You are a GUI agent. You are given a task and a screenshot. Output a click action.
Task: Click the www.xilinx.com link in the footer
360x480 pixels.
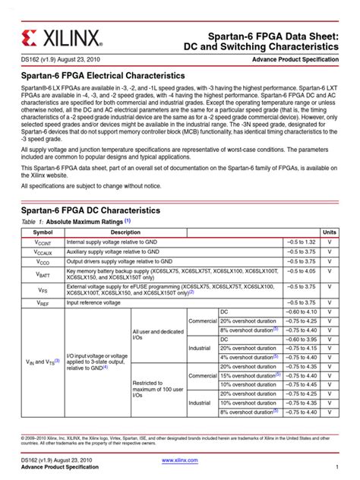click(180, 460)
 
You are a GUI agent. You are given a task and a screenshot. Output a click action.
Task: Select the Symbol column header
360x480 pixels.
click(43, 231)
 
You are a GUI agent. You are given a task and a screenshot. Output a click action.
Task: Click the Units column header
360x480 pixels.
click(329, 231)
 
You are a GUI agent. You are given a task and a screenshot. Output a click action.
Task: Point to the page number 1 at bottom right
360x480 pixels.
click(336, 468)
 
